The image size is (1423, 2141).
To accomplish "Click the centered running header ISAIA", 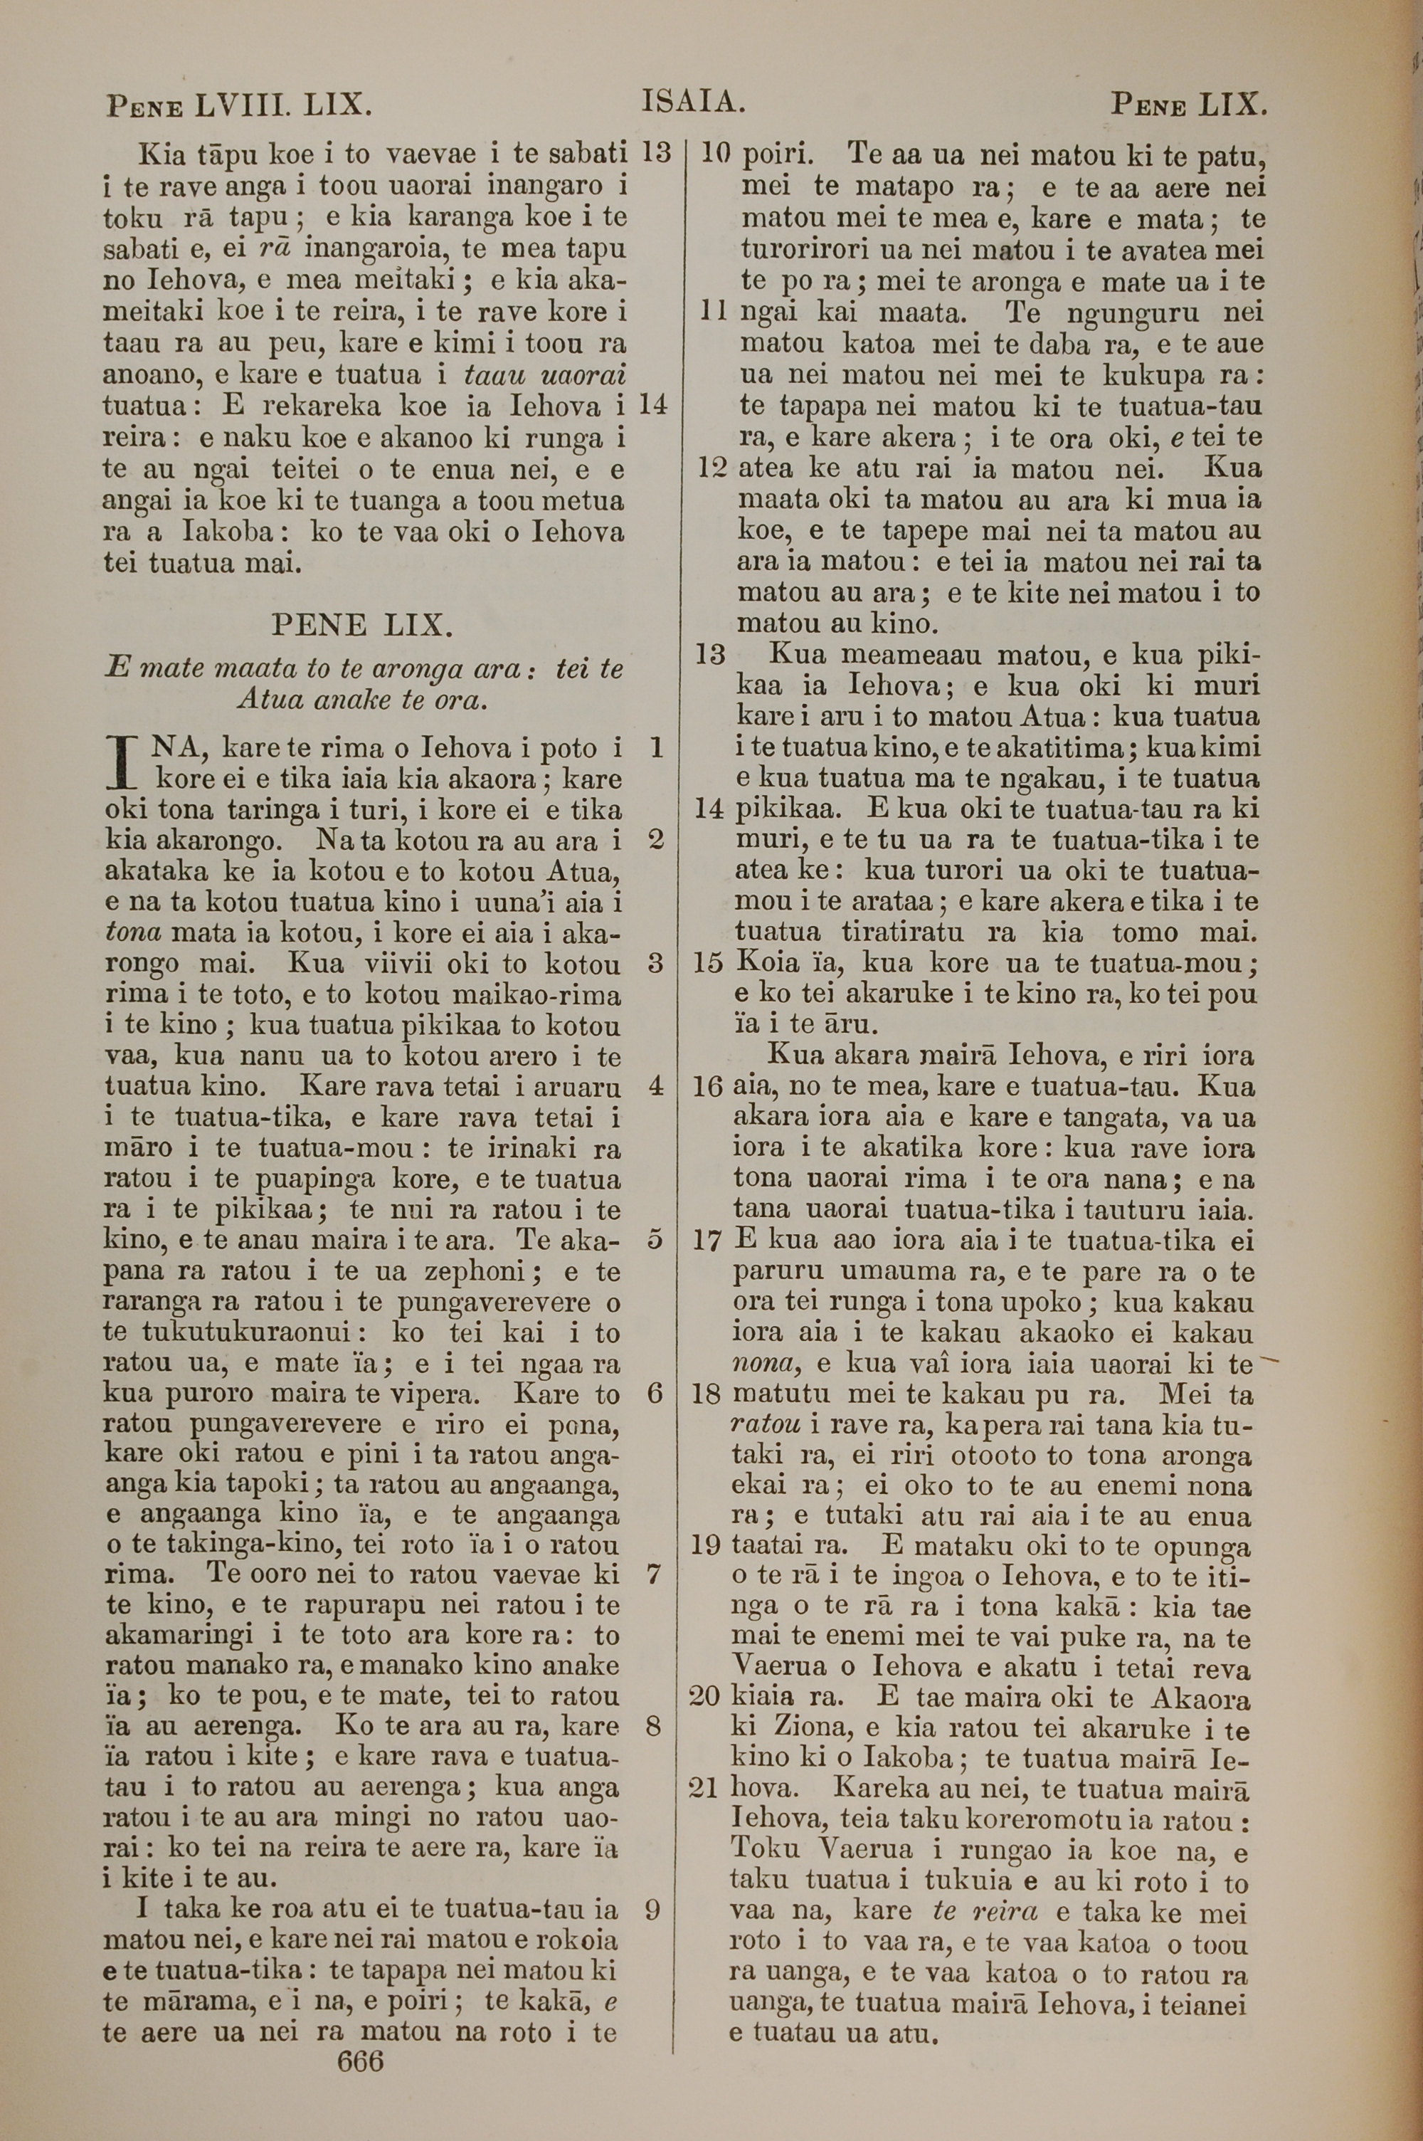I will tap(693, 102).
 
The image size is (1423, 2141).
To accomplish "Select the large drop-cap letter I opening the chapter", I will tap(122, 763).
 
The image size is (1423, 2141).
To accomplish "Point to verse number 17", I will tap(706, 1240).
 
